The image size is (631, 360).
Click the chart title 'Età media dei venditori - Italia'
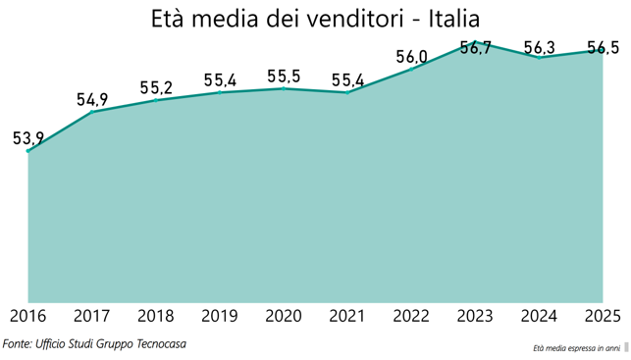click(x=316, y=19)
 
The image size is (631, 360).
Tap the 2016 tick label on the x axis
click(x=27, y=316)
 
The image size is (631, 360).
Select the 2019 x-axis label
click(x=220, y=316)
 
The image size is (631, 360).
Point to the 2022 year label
click(x=411, y=316)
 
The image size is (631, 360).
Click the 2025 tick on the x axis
click(x=603, y=316)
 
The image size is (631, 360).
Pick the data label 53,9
click(x=28, y=138)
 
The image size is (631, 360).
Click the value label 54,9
click(x=92, y=99)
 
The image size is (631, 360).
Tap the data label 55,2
click(x=156, y=87)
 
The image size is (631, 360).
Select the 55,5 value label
click(x=284, y=77)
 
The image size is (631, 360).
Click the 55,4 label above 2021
click(x=347, y=80)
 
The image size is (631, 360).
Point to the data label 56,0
click(x=411, y=57)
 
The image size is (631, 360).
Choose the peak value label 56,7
click(x=475, y=48)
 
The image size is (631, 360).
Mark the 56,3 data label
click(x=540, y=48)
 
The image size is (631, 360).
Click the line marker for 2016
click(x=27, y=151)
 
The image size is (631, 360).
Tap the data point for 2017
click(x=91, y=112)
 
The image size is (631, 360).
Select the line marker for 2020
click(x=284, y=88)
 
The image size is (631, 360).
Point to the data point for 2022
click(x=411, y=70)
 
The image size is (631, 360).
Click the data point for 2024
click(x=539, y=58)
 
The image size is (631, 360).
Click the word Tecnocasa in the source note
click(x=161, y=344)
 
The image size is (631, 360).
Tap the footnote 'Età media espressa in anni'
click(x=577, y=348)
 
